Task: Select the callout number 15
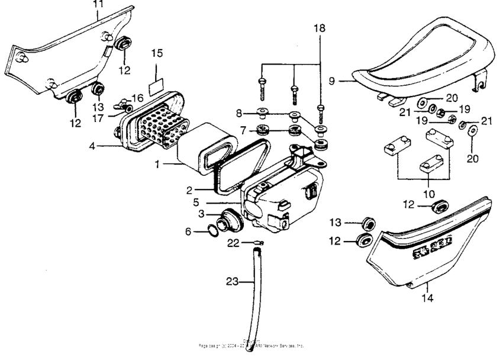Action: click(157, 53)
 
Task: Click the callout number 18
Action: click(320, 28)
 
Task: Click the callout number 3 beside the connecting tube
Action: click(201, 213)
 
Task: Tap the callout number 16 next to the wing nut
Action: click(137, 97)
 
